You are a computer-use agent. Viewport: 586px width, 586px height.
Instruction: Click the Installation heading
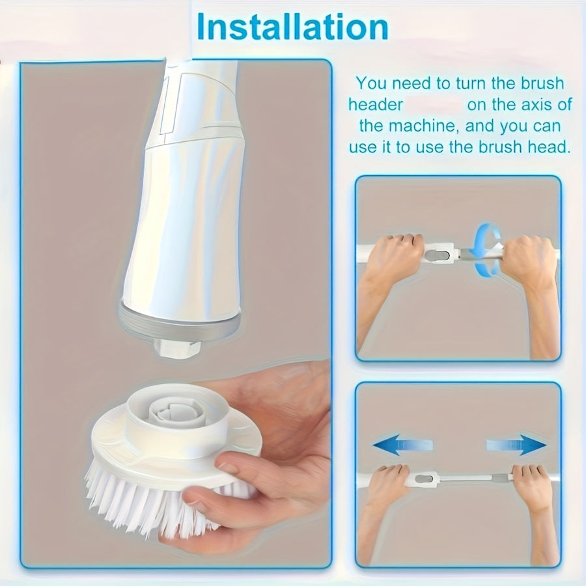click(292, 27)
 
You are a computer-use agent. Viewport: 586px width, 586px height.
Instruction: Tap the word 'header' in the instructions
click(376, 105)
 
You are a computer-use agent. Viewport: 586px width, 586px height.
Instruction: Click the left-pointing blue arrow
click(402, 445)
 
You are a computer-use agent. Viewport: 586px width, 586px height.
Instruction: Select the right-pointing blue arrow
click(516, 445)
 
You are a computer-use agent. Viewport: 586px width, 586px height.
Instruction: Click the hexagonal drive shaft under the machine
click(177, 347)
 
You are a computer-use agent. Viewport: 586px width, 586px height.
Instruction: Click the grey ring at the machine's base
click(180, 320)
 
